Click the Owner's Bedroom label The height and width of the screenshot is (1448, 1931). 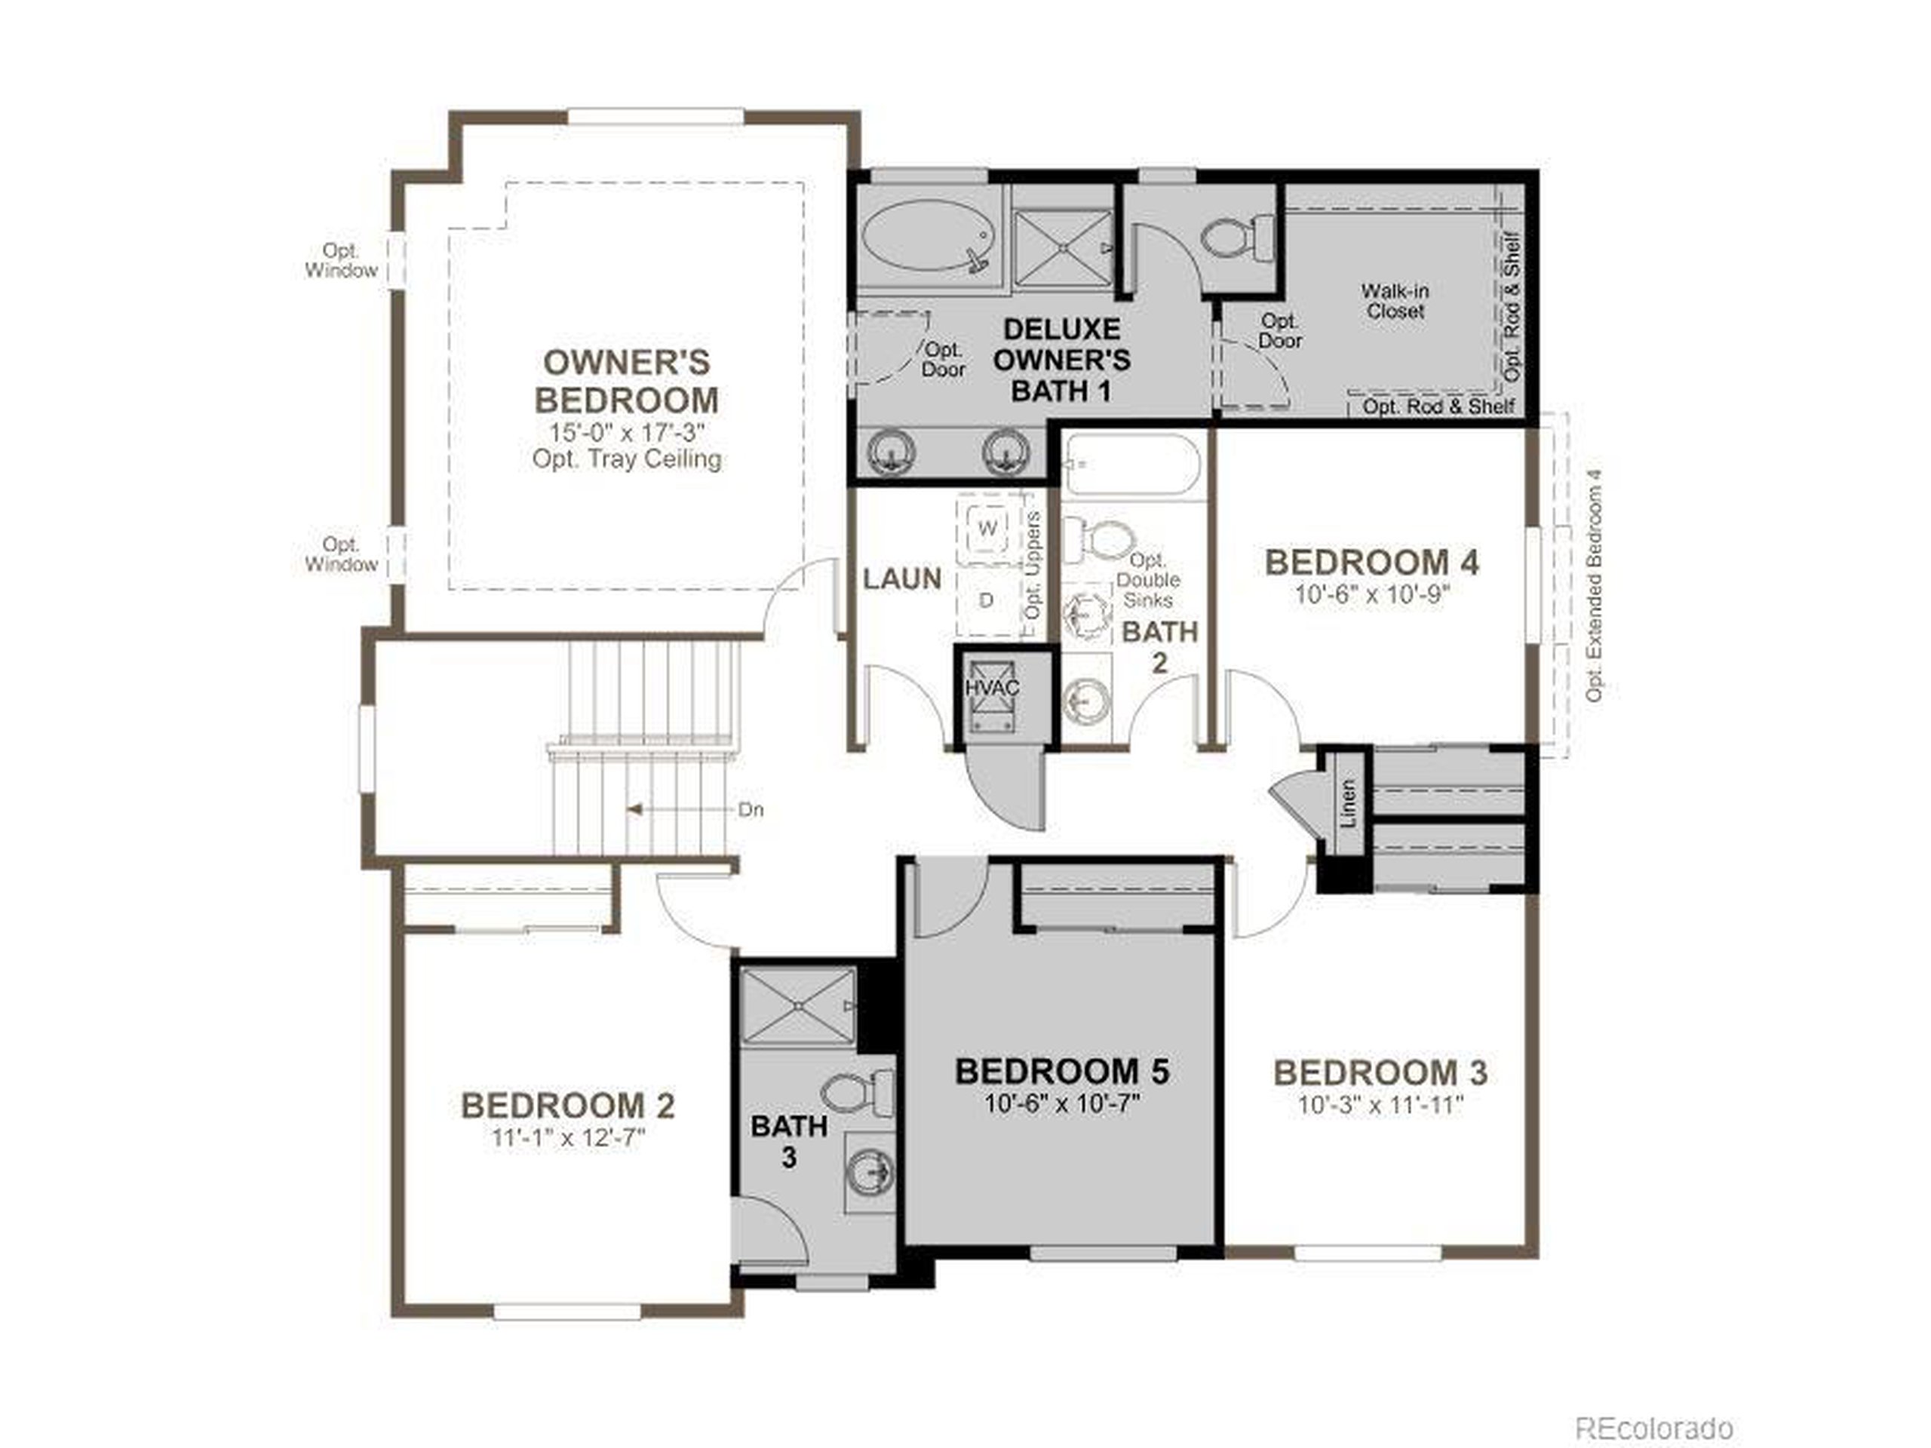[626, 382]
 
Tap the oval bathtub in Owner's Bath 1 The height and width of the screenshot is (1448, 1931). [928, 235]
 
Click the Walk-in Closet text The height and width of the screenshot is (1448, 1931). [1395, 301]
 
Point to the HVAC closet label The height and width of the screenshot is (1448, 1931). [992, 688]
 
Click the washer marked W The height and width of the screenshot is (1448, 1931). [987, 529]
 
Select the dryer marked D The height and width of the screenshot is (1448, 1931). [987, 600]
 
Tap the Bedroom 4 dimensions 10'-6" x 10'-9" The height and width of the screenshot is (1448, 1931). [1371, 595]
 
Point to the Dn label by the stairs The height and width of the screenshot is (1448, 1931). [751, 810]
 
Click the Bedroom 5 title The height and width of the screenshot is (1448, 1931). [1061, 1072]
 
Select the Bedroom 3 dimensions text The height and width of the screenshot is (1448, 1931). [1380, 1105]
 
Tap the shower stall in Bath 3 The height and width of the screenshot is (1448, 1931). [797, 1006]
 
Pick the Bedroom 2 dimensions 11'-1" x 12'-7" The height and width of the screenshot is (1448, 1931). [567, 1138]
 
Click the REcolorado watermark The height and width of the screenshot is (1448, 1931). [1653, 1404]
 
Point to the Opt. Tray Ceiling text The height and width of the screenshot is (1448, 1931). [626, 459]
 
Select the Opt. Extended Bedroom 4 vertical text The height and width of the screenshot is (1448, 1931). [1595, 586]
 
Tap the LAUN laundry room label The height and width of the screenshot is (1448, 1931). [902, 578]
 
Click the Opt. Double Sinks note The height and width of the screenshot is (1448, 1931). [1147, 581]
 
